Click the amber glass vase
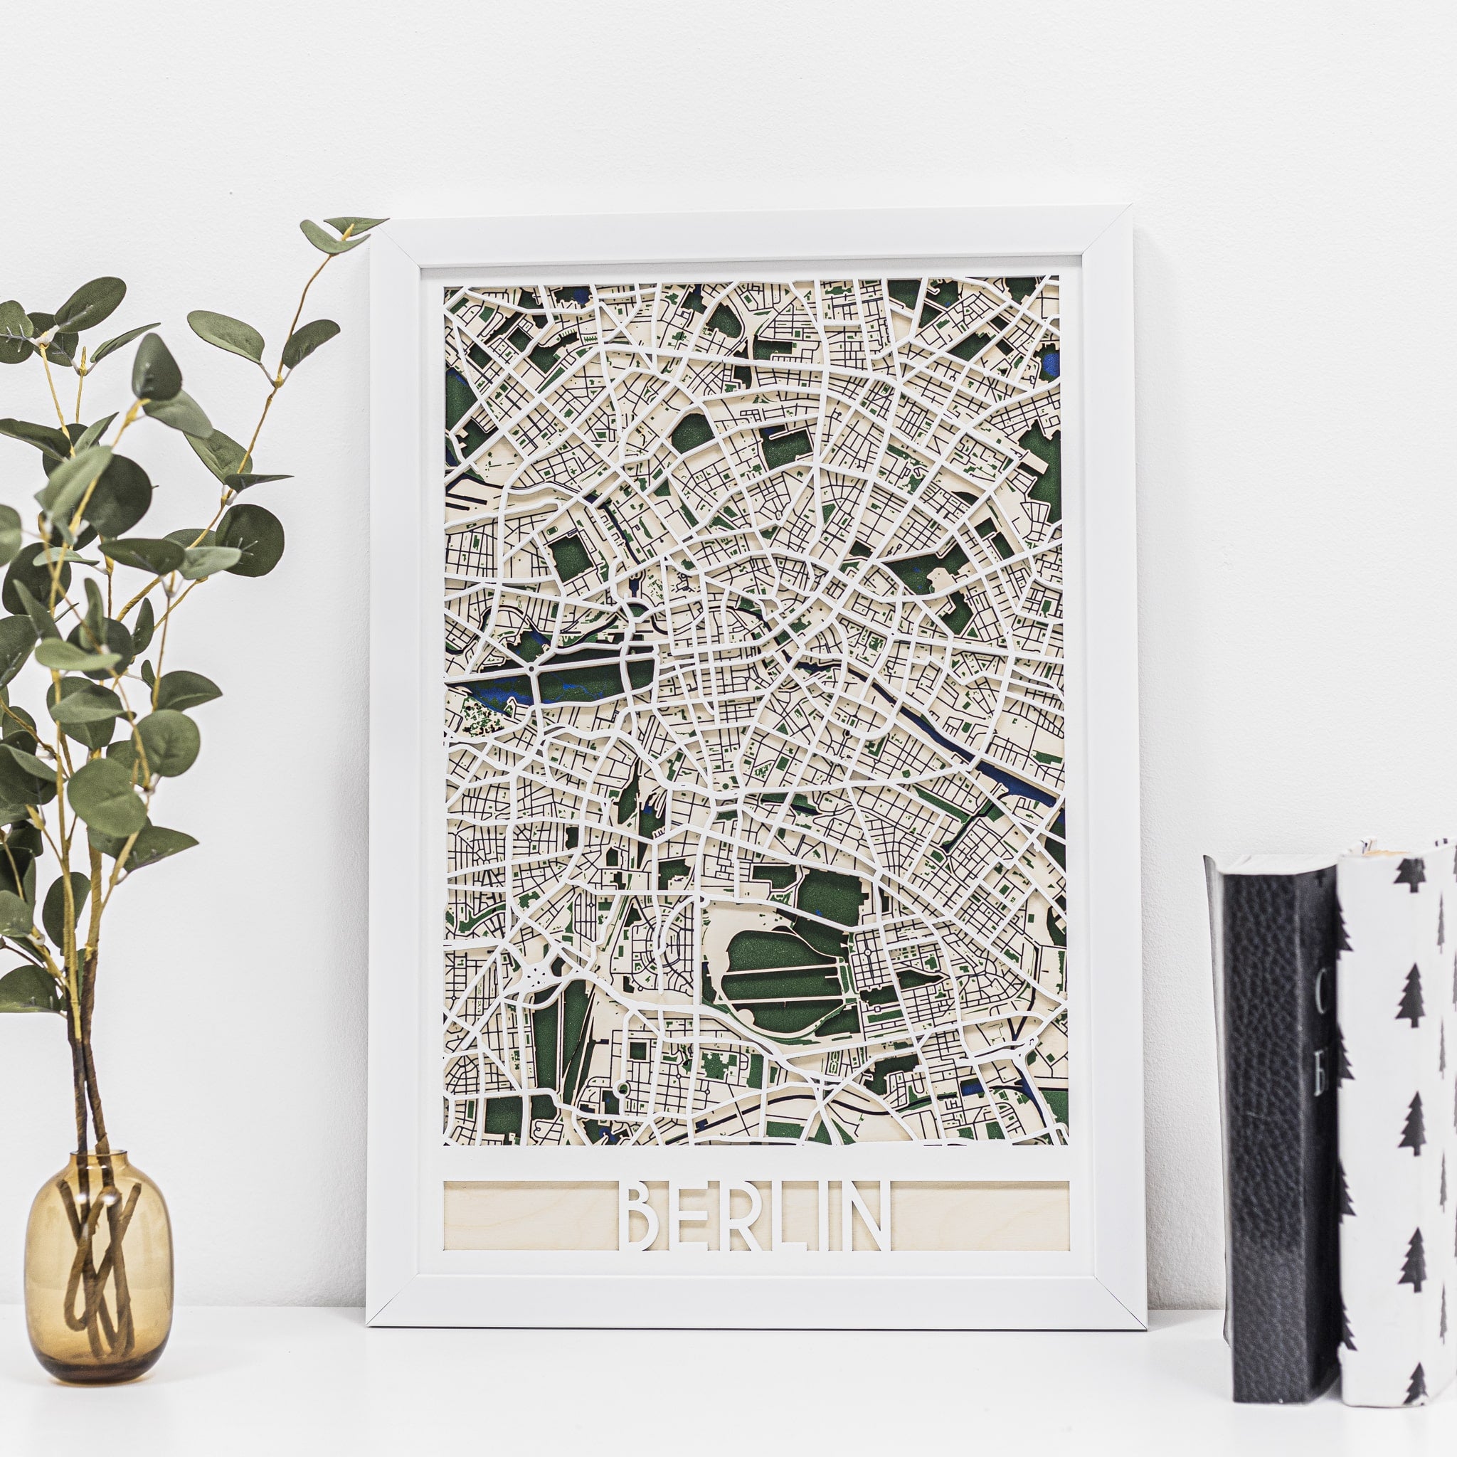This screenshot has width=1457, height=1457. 98,1282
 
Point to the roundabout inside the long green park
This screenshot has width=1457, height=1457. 532,668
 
